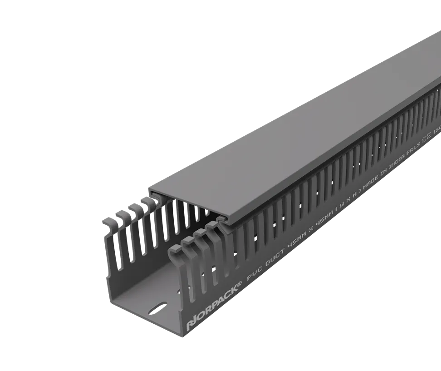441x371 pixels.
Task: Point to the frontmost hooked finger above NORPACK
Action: [175, 249]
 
